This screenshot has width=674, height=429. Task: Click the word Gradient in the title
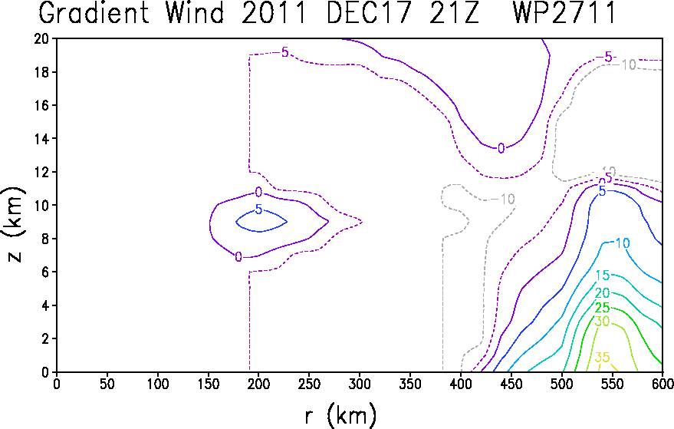(x=94, y=12)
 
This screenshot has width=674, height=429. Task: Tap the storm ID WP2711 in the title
(x=564, y=12)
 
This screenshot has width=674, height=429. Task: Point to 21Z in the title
(x=453, y=12)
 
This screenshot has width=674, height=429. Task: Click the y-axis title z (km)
(x=14, y=224)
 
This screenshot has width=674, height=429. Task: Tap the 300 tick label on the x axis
(x=360, y=384)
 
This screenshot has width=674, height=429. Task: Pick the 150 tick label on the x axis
(x=208, y=384)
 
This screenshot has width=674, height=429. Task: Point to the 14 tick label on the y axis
(x=41, y=139)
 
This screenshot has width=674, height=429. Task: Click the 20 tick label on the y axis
(x=41, y=38)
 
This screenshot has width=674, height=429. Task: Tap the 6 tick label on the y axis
(x=45, y=272)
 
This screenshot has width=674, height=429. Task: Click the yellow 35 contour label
(x=602, y=357)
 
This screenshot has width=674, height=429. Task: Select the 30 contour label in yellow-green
(x=602, y=322)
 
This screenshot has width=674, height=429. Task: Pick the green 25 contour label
(x=602, y=307)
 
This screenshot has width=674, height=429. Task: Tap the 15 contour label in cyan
(x=602, y=275)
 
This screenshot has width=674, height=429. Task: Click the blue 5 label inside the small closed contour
(x=258, y=210)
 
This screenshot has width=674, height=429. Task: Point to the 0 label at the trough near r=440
(x=501, y=148)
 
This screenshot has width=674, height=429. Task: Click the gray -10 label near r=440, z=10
(x=503, y=200)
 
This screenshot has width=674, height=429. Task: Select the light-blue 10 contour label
(x=623, y=243)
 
